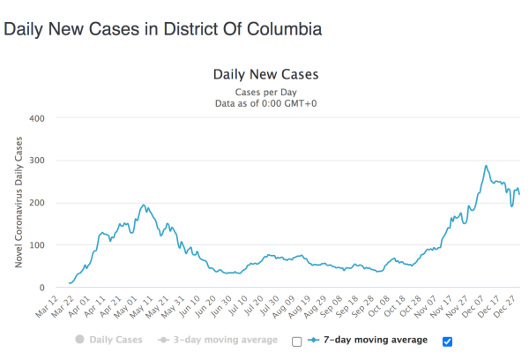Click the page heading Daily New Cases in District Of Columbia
(163, 29)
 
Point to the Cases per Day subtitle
(265, 92)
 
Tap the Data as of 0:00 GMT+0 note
(265, 103)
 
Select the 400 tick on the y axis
(36, 117)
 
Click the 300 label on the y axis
(36, 161)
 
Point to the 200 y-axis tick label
(36, 203)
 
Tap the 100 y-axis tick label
(36, 245)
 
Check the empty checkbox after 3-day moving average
(296, 341)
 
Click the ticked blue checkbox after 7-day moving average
(446, 341)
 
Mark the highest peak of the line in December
(486, 166)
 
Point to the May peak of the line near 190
(144, 206)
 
